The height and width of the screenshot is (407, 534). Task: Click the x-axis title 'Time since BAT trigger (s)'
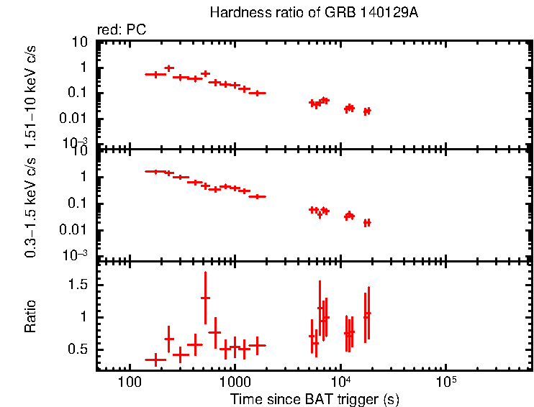[x=314, y=398]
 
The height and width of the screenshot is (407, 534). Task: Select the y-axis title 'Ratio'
[x=31, y=317]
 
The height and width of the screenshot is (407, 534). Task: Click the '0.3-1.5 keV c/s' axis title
[x=31, y=206]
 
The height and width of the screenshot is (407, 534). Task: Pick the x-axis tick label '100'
[x=130, y=382]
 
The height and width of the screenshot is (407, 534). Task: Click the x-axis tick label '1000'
[x=234, y=382]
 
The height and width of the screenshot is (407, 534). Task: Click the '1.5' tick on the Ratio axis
[x=78, y=285]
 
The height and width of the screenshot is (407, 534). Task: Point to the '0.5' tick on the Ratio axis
[x=78, y=349]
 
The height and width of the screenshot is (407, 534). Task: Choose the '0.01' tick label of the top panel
[x=75, y=119]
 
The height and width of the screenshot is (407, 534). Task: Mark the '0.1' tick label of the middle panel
[x=78, y=204]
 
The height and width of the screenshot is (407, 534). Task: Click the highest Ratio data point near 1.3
[x=205, y=298]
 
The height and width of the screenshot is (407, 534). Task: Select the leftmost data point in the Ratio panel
[x=155, y=359]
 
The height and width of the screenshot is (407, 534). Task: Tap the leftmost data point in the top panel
[x=155, y=74]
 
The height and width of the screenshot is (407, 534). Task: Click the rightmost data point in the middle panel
[x=367, y=223]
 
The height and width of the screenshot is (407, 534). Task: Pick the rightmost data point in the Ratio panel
[x=368, y=314]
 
